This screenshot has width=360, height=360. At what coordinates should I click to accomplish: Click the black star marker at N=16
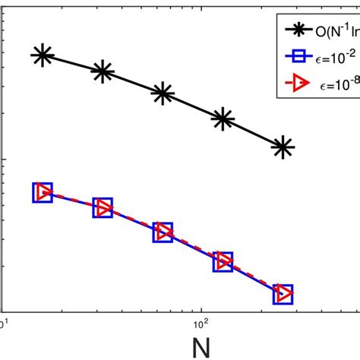tap(43, 55)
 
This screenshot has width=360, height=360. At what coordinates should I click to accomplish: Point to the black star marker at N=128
tap(223, 118)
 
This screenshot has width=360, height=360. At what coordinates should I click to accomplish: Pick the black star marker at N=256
tap(283, 147)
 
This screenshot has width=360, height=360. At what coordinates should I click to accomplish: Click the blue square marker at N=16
tap(43, 192)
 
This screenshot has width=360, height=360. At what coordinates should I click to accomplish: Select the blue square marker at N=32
tap(103, 207)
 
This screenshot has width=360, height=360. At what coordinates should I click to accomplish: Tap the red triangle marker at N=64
tap(163, 232)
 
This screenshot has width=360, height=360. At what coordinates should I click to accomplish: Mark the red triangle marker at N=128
tap(223, 262)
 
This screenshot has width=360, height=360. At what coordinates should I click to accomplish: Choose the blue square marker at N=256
tap(283, 293)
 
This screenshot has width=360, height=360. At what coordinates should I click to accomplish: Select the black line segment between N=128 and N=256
tap(253, 133)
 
